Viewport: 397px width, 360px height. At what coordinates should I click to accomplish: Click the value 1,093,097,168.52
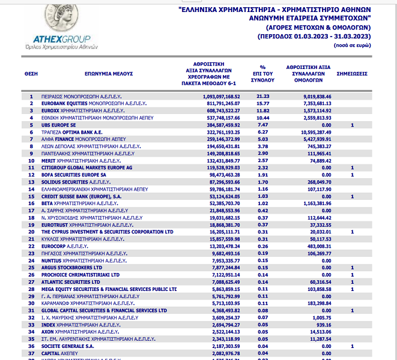[222, 96]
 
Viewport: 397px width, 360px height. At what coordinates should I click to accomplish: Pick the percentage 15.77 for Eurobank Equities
[262, 103]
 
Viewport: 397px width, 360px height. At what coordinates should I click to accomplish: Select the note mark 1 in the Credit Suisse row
[352, 196]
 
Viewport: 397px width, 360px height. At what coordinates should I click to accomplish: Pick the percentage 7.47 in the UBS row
[262, 125]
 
